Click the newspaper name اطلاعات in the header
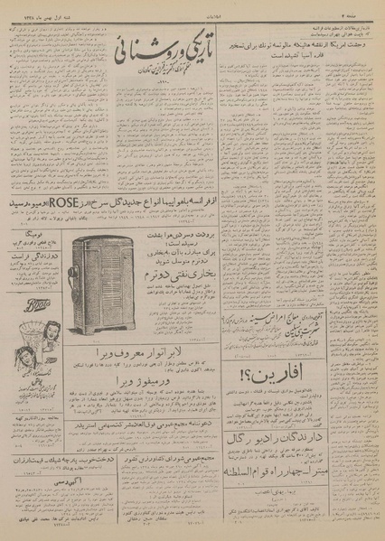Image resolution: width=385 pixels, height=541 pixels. [x=193, y=8]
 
